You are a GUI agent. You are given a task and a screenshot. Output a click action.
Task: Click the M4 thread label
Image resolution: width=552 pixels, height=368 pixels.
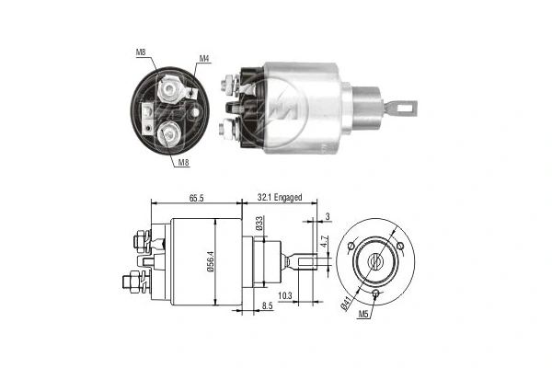click(x=205, y=60)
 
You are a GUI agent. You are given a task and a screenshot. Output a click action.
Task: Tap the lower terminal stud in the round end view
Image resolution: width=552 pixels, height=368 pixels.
click(x=171, y=133)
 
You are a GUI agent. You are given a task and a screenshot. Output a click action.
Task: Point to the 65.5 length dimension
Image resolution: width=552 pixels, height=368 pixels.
click(x=195, y=197)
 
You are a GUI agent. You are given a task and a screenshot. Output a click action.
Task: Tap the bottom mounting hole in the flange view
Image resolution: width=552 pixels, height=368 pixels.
click(x=377, y=294)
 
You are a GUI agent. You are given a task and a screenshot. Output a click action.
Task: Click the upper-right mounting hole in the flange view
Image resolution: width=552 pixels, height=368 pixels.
click(x=401, y=247)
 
